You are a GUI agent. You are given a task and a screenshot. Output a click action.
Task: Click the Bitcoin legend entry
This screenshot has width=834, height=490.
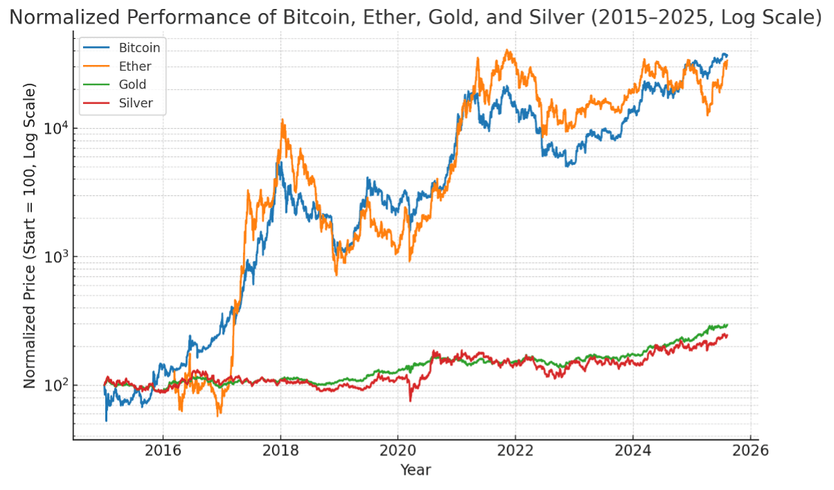coord(139,48)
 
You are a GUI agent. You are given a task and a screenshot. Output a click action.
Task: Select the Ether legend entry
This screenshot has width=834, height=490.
coord(134,66)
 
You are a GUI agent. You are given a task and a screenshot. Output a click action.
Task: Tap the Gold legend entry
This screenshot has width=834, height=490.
coord(132,85)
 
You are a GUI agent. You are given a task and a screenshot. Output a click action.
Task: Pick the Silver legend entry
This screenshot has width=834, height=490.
coord(136,104)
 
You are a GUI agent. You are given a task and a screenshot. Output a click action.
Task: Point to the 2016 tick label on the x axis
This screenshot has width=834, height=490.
coord(163,451)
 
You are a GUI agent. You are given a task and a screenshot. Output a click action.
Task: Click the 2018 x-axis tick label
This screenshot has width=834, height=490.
coord(280,451)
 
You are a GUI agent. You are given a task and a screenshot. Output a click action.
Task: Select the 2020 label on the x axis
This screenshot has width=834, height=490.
coord(397,451)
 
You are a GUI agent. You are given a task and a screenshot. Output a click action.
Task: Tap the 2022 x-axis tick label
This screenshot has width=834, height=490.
coord(515,451)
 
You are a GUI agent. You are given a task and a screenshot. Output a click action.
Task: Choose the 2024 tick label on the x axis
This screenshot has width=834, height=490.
coord(633,451)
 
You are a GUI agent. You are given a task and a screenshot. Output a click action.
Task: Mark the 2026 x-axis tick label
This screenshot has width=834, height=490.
coord(750,451)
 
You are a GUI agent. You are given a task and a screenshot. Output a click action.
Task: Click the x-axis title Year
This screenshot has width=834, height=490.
coord(415,471)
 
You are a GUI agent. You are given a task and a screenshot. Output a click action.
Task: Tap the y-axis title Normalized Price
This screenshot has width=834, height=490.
coord(29,235)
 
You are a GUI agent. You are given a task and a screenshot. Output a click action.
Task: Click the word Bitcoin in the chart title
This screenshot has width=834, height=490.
coord(308,17)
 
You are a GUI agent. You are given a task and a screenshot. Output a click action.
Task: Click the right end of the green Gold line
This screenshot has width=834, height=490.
coord(727,325)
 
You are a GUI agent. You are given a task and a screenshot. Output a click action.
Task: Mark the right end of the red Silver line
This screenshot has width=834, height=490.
coord(727,335)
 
